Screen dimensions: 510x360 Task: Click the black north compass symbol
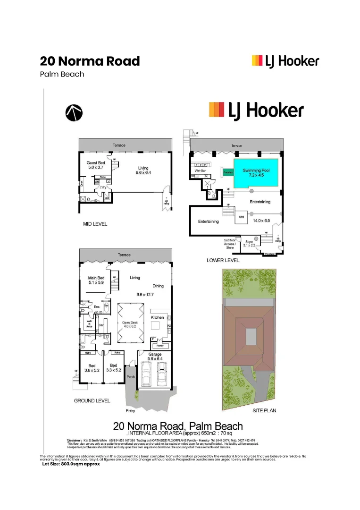74,111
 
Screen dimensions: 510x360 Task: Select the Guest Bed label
96,165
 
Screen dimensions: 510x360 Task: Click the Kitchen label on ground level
157,317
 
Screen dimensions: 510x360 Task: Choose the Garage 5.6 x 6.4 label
155,357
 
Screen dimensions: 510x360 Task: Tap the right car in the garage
162,376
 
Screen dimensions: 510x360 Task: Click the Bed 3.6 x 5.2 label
92,368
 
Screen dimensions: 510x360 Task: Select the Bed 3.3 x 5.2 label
113,368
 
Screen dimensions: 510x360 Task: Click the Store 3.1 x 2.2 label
249,243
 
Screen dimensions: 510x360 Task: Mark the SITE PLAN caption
264,411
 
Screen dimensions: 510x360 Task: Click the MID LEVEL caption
95,224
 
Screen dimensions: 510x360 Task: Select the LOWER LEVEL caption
223,260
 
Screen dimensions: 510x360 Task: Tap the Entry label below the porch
130,411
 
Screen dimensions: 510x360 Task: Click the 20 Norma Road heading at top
90,61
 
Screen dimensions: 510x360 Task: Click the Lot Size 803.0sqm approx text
71,464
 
